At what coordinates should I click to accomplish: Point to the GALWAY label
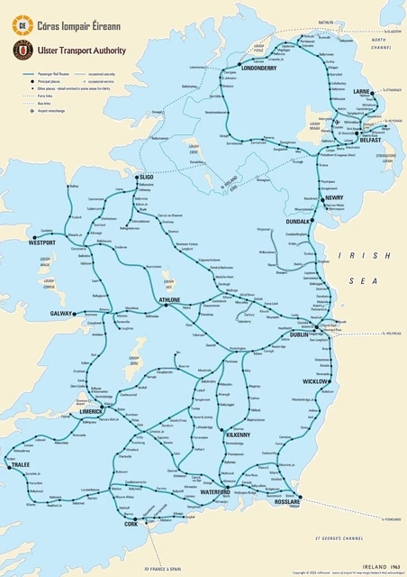point(61,314)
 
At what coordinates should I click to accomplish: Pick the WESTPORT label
point(41,243)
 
